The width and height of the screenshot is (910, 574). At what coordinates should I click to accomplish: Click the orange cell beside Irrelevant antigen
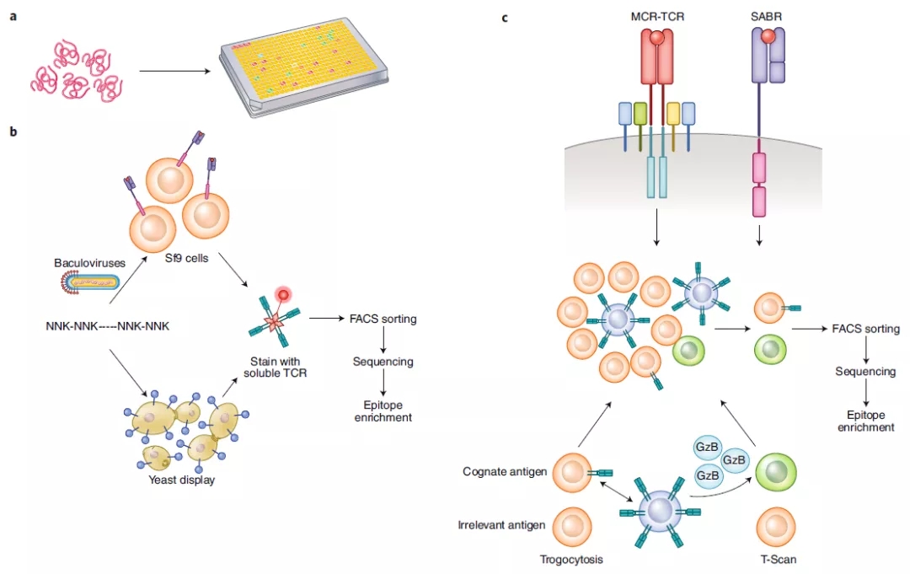click(570, 524)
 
